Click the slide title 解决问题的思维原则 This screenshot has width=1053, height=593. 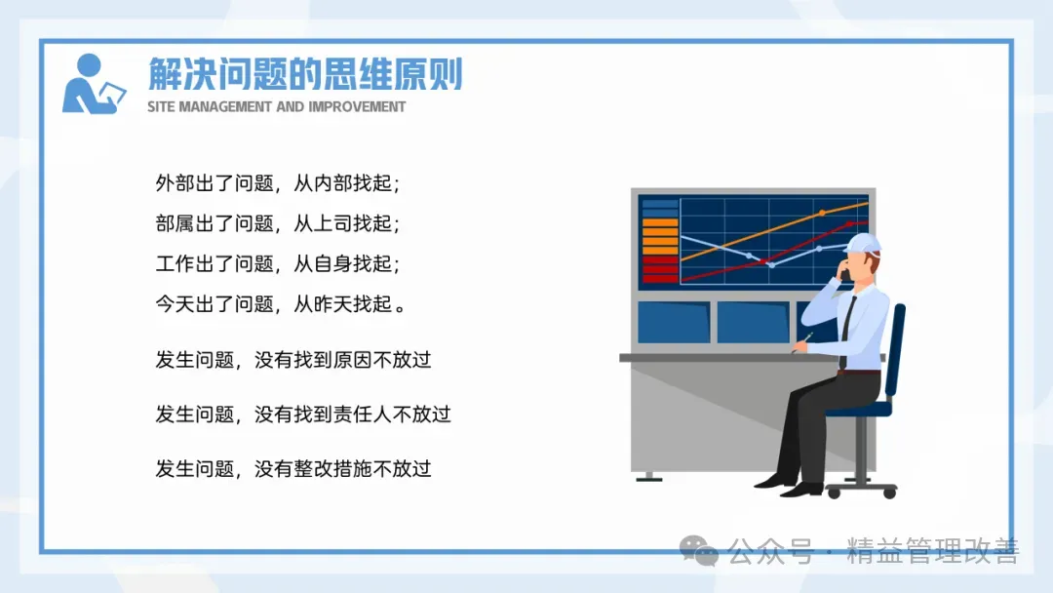(x=305, y=73)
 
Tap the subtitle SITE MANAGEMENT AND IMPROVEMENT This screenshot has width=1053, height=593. (x=276, y=106)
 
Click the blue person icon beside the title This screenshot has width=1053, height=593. (x=94, y=84)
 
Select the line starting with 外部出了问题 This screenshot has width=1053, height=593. (x=277, y=182)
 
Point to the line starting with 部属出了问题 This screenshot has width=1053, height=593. (x=277, y=223)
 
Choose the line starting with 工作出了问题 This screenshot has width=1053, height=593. (x=277, y=263)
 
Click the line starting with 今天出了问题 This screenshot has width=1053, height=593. (x=281, y=303)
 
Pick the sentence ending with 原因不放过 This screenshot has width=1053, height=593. (x=293, y=360)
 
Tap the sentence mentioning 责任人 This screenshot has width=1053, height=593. (x=303, y=415)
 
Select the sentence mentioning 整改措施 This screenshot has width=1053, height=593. (x=293, y=469)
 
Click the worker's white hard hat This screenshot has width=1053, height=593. (x=862, y=243)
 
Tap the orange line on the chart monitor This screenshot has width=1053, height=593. (x=774, y=231)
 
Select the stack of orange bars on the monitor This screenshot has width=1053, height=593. (x=660, y=236)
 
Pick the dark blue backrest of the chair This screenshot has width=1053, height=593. (x=895, y=350)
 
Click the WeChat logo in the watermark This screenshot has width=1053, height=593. (x=698, y=551)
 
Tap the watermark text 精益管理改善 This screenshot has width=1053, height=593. (x=933, y=551)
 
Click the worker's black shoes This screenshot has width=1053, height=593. (x=789, y=485)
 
